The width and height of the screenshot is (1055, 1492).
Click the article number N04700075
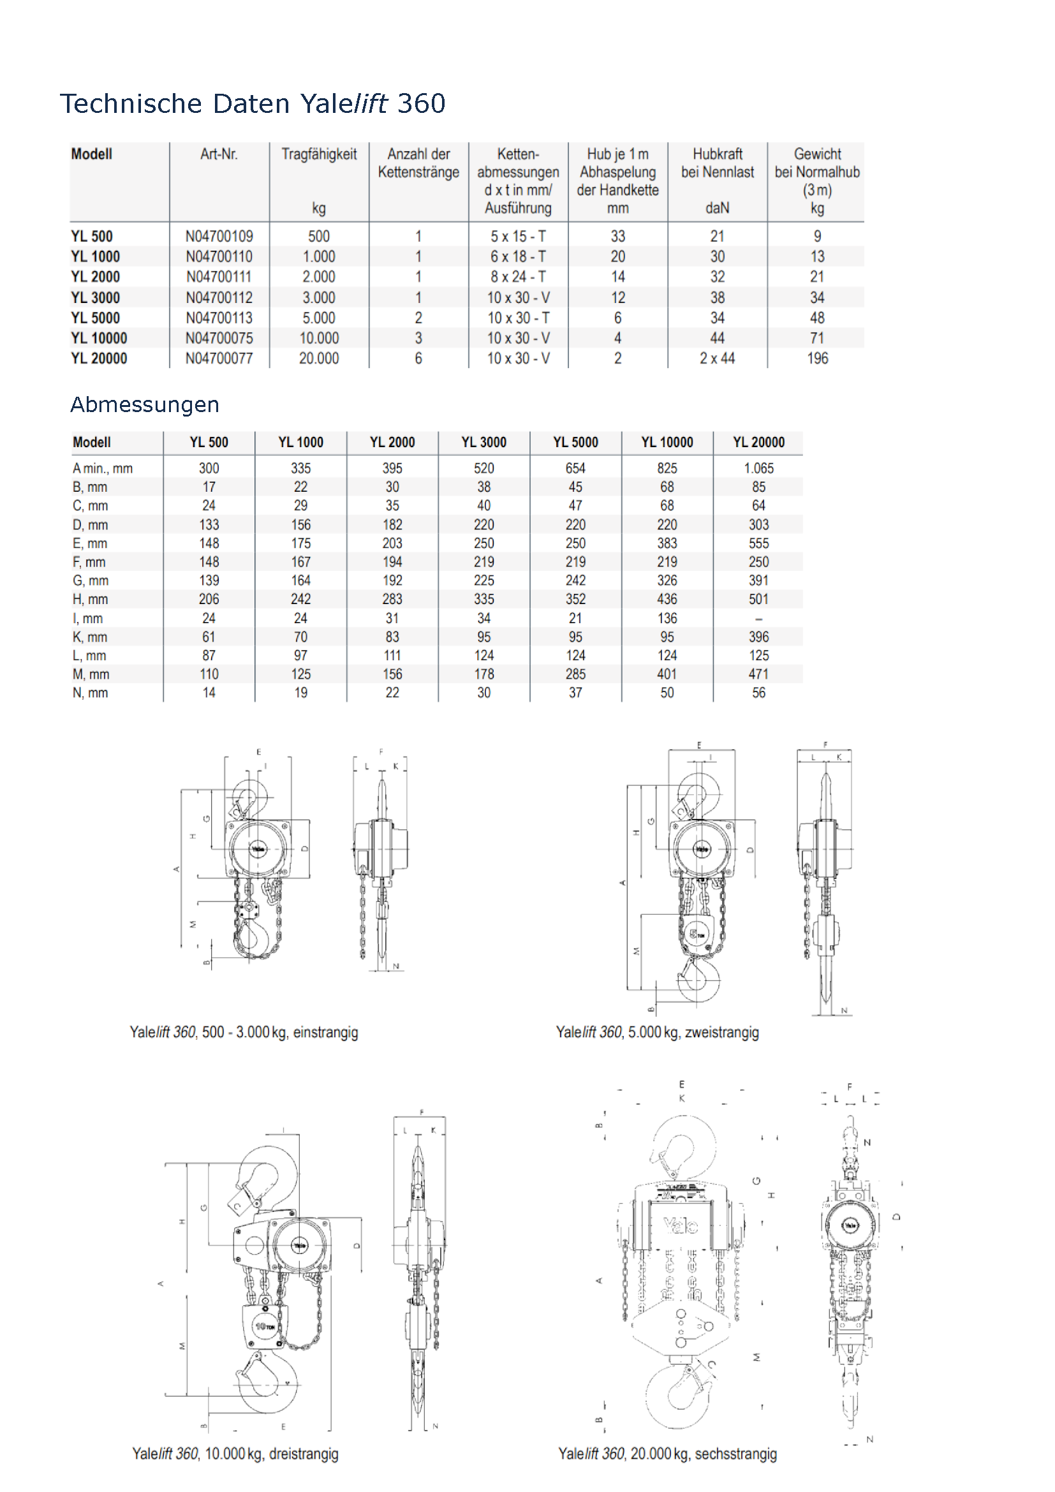tap(219, 339)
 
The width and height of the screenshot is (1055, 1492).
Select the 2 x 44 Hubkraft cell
tap(717, 358)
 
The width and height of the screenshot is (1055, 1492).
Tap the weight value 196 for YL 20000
tap(817, 358)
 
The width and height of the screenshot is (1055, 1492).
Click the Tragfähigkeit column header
tap(319, 154)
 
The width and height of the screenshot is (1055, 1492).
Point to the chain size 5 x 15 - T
tap(518, 237)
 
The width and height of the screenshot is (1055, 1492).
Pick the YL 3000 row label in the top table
tap(96, 298)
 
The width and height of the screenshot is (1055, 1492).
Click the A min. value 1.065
tap(758, 469)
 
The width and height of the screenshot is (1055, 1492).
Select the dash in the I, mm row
tap(758, 619)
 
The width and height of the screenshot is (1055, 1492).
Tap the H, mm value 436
tap(667, 599)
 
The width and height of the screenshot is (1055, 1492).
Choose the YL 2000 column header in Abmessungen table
tap(392, 443)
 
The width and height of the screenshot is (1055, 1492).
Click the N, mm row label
tap(91, 693)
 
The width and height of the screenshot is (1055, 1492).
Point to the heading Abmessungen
tap(145, 405)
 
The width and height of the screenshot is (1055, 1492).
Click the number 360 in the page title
tap(421, 104)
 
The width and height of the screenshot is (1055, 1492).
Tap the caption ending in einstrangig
tap(244, 1033)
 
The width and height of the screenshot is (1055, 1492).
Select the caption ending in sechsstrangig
tap(667, 1454)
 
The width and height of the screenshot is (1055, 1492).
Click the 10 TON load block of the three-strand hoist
tap(264, 1326)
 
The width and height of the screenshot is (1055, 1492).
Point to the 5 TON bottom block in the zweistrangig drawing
tap(697, 934)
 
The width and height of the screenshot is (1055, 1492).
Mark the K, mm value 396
tap(758, 637)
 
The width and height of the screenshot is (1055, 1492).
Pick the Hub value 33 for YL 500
tap(618, 237)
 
